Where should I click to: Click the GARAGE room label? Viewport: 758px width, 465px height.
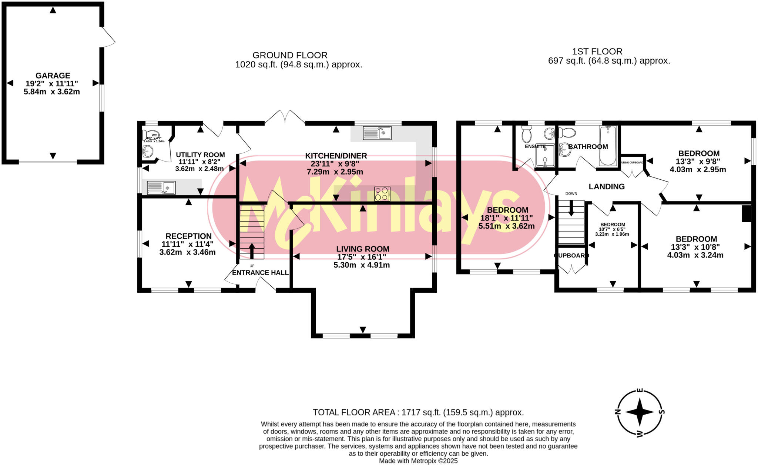pos(53,76)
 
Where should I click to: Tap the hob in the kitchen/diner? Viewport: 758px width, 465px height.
pos(382,194)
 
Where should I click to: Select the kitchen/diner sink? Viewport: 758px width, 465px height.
pos(377,133)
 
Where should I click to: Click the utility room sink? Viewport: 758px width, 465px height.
pos(161,188)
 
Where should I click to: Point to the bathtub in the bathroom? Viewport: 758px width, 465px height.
pos(607,145)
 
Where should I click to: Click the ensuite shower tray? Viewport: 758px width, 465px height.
pos(545,156)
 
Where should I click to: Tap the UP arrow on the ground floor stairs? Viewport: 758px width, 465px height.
pos(252,251)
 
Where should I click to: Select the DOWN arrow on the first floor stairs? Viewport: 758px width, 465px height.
pos(571,208)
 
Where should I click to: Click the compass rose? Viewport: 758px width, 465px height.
pos(640,412)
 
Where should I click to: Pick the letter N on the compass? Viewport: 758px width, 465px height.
pos(617,412)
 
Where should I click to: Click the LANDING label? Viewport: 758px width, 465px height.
pos(606,187)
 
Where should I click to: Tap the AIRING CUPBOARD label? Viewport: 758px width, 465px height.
pos(631,163)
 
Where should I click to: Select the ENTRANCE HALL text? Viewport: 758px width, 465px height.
pos(260,273)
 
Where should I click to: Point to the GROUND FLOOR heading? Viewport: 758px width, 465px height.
pos(290,55)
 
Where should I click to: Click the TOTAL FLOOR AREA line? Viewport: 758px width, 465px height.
pos(418,412)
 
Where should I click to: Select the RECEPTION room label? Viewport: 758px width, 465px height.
pos(188,236)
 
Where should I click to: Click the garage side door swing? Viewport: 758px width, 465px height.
pos(108,37)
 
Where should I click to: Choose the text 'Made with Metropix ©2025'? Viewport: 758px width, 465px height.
pos(418,461)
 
